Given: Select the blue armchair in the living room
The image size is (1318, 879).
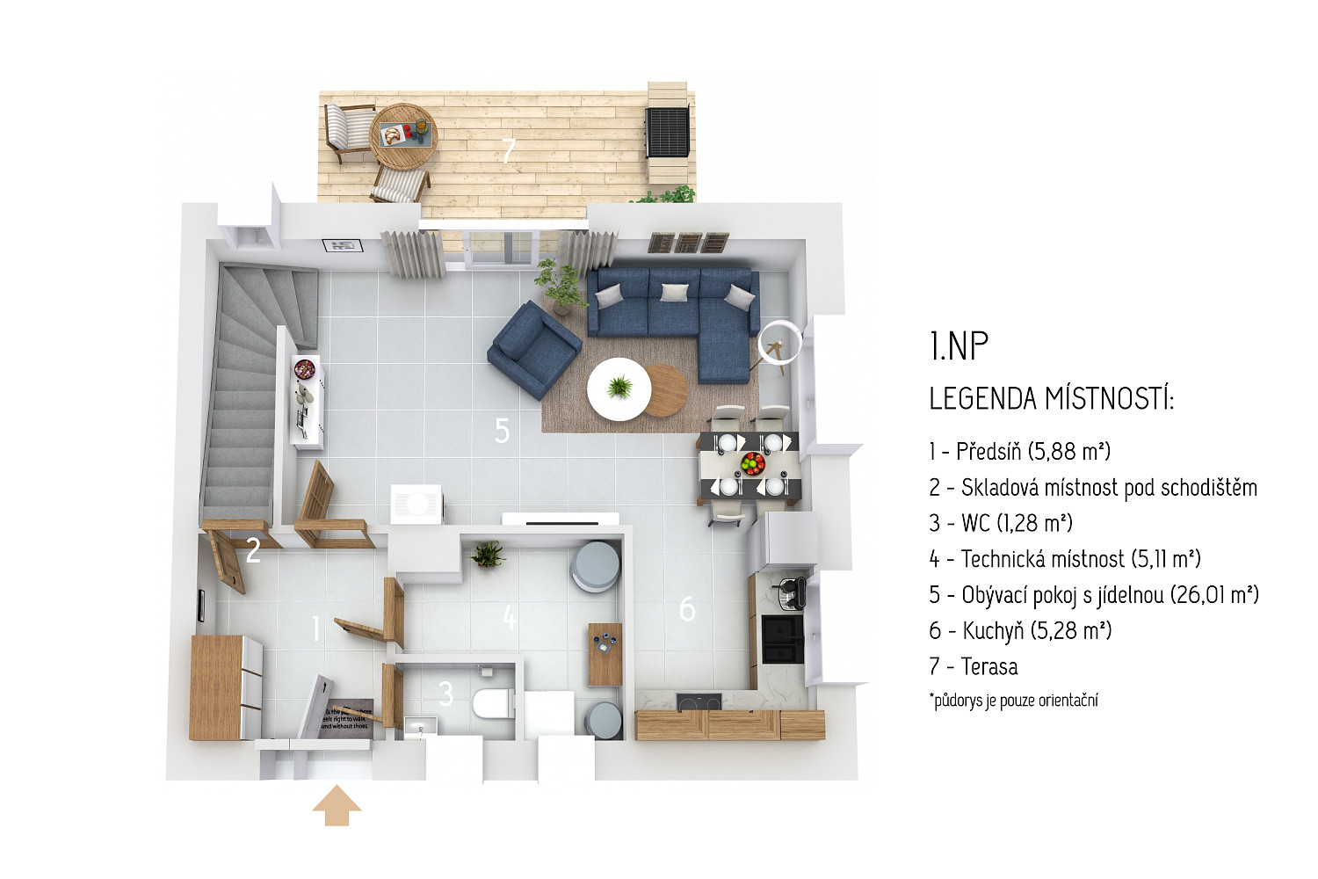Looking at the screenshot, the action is (534, 350).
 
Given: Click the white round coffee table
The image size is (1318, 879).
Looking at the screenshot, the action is (619, 389).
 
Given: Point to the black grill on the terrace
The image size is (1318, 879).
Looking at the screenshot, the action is (667, 131).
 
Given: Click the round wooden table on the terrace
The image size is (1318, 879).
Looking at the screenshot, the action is (403, 136).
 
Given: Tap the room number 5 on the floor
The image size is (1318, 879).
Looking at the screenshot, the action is (502, 431).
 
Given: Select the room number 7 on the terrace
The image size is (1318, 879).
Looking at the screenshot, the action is (509, 150).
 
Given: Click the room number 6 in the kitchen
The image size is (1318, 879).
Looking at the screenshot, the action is (687, 609).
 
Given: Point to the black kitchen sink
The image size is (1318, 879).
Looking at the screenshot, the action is (783, 639).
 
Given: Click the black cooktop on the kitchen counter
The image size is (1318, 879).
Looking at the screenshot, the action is (699, 702).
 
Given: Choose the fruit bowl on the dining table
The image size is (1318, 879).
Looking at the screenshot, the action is (752, 463).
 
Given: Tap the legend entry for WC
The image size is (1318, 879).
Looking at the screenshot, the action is (1001, 523).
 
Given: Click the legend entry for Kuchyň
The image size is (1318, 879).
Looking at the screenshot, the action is (1020, 630).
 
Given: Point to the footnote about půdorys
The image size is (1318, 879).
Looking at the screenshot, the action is (1013, 700).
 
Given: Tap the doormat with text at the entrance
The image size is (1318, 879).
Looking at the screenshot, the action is (346, 716).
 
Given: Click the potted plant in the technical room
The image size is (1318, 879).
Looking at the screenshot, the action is (488, 554).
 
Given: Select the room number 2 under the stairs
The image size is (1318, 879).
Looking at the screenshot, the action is (253, 550).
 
